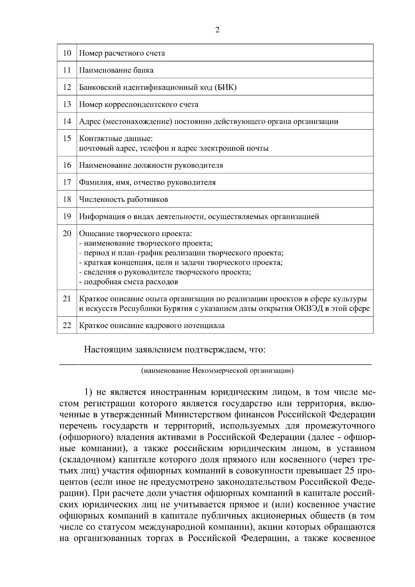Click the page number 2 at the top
[x=217, y=30]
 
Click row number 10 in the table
[x=67, y=53]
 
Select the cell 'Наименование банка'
[x=117, y=70]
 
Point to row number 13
[x=67, y=104]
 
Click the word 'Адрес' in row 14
[x=90, y=121]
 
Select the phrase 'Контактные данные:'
[x=116, y=139]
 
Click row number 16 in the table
[x=67, y=165]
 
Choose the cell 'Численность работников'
[x=123, y=199]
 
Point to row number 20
[x=67, y=233]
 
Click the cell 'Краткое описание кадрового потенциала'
[x=152, y=326]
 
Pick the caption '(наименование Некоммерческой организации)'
[x=217, y=371]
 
